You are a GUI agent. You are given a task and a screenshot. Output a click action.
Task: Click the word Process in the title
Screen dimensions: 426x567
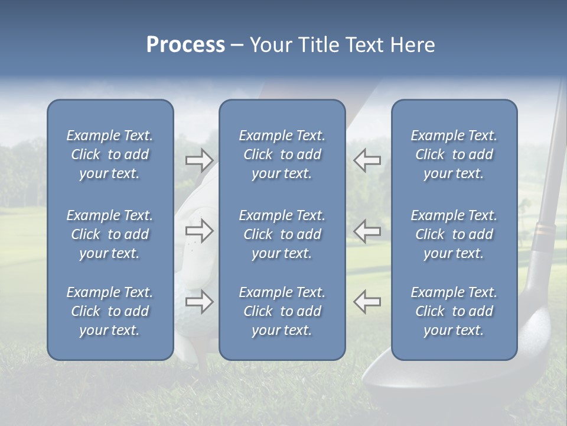pyautogui.click(x=185, y=45)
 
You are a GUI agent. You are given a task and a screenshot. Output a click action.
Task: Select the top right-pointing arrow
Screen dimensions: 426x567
pyautogui.click(x=199, y=159)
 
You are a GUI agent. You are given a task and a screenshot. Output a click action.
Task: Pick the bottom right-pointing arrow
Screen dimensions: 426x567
pyautogui.click(x=199, y=302)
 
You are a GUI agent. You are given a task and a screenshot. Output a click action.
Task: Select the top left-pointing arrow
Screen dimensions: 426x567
pyautogui.click(x=367, y=159)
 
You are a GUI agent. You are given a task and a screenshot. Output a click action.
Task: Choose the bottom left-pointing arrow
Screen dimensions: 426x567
pyautogui.click(x=367, y=302)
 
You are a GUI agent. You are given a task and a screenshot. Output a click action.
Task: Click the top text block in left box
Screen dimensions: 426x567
pyautogui.click(x=110, y=154)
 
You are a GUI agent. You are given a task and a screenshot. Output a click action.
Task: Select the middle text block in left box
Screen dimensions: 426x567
pyautogui.click(x=110, y=234)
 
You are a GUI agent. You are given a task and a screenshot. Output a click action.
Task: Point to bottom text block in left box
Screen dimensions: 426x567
pyautogui.click(x=110, y=311)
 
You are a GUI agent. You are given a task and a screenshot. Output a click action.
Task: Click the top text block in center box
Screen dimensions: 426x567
pyautogui.click(x=282, y=154)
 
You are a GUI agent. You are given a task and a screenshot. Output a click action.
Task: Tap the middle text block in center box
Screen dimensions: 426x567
pyautogui.click(x=282, y=234)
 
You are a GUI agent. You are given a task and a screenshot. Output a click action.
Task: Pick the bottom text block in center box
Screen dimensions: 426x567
pyautogui.click(x=282, y=311)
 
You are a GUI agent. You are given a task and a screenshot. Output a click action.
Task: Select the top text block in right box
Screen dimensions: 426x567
pyautogui.click(x=454, y=154)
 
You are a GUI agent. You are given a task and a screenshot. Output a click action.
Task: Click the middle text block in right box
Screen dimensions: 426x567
pyautogui.click(x=454, y=234)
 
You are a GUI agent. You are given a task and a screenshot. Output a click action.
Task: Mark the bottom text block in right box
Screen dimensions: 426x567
pyautogui.click(x=454, y=311)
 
